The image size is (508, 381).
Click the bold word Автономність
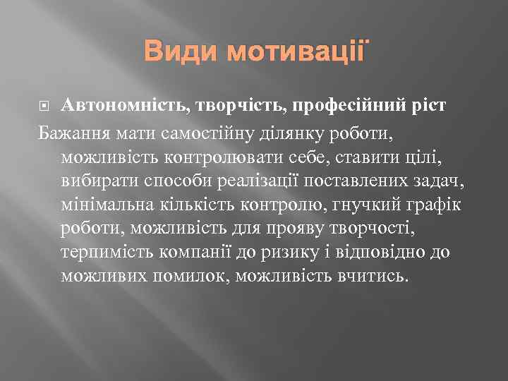click(x=124, y=106)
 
